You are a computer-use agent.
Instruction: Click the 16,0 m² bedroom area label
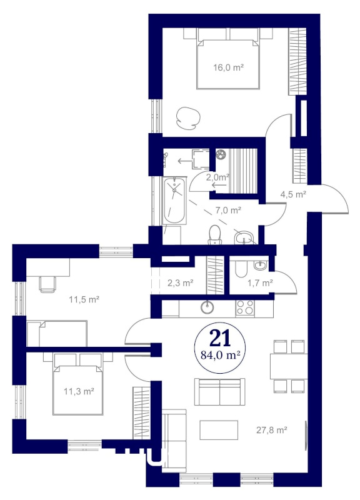[228, 67]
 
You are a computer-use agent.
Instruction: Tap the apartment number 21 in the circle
[220, 338]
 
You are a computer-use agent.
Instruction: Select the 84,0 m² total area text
[220, 355]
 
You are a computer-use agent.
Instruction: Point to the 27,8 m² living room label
[272, 430]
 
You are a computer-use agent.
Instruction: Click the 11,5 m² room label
[84, 300]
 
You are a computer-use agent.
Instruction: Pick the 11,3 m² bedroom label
[79, 391]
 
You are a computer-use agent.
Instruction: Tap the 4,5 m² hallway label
[293, 194]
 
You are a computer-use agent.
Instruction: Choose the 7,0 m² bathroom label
[228, 211]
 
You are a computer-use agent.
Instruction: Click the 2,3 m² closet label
[181, 282]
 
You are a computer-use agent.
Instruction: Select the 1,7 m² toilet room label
[260, 282]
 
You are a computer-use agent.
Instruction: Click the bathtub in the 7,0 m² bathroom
[174, 201]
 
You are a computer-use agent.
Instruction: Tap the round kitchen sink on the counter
[207, 307]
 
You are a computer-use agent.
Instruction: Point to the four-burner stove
[245, 308]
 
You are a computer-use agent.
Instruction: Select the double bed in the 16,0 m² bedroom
[228, 59]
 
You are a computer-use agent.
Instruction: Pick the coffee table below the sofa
[219, 430]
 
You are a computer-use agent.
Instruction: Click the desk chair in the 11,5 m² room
[47, 284]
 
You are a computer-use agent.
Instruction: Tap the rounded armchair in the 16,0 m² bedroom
[187, 117]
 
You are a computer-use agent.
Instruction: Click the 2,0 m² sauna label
[218, 177]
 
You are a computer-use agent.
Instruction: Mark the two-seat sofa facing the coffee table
[220, 392]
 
